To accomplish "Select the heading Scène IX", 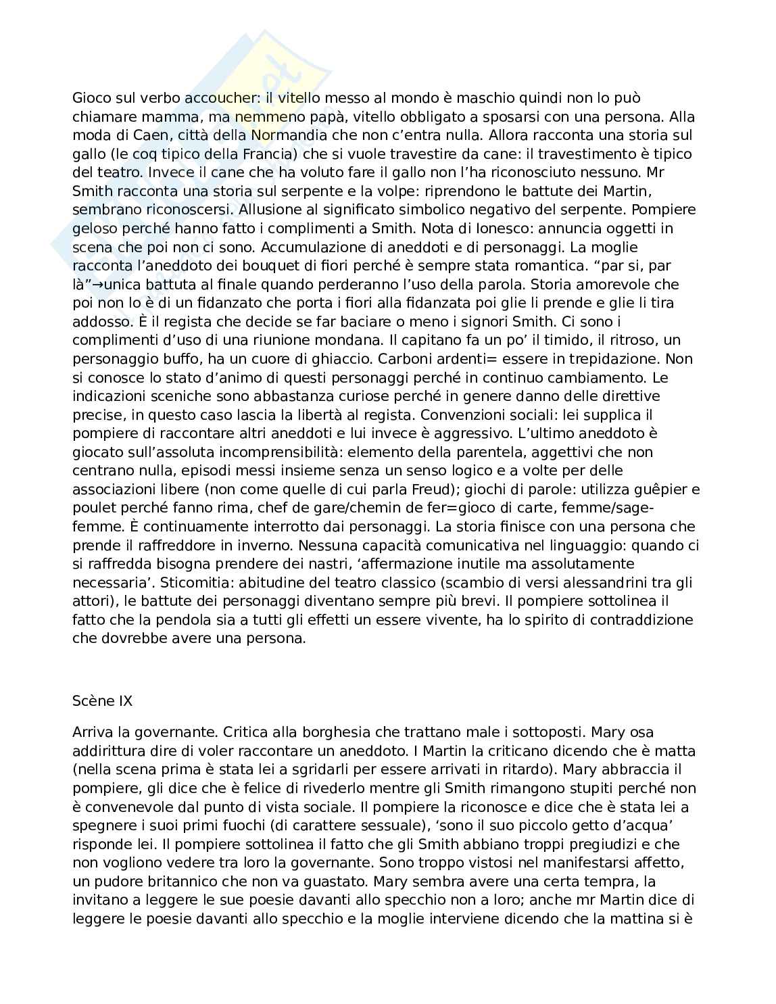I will click(x=102, y=701).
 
